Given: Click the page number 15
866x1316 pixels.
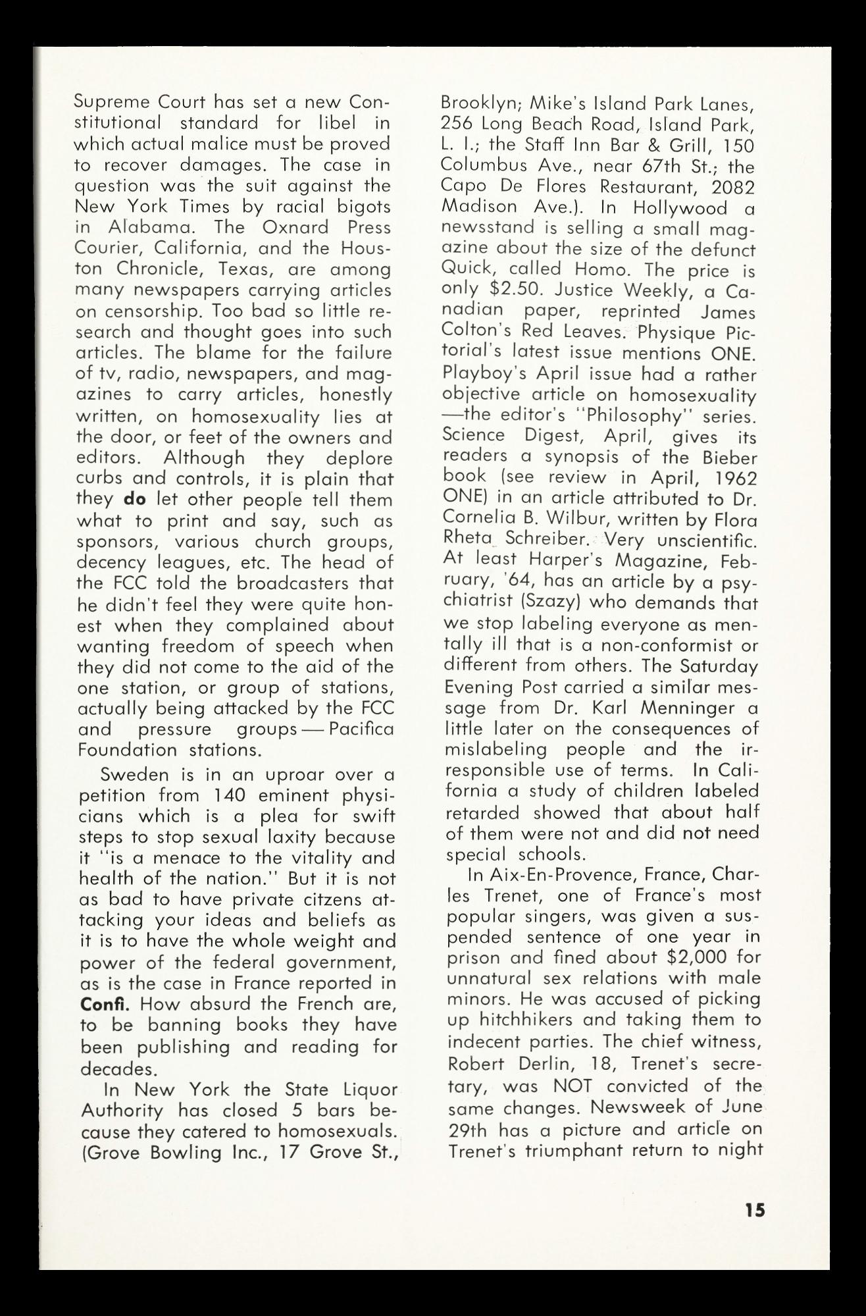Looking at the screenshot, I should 755,1209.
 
